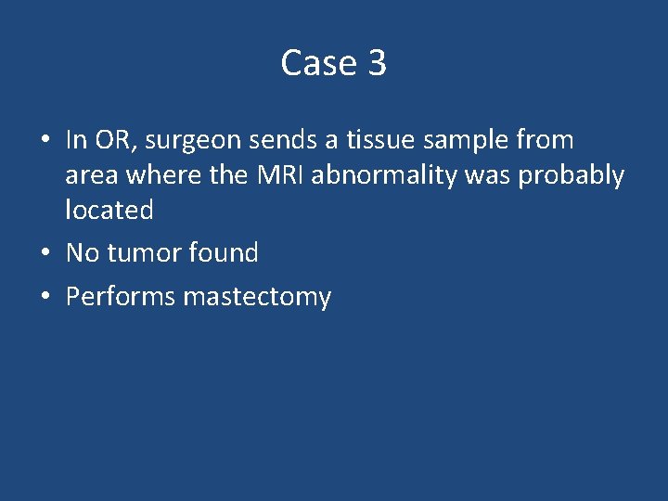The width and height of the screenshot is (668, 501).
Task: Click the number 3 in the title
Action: [x=377, y=63]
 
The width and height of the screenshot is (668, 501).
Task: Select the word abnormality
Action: [x=383, y=175]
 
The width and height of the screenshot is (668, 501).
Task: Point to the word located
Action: [x=109, y=210]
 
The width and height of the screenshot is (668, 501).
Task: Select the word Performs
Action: [x=121, y=297]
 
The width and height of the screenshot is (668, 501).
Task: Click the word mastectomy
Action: [x=257, y=298]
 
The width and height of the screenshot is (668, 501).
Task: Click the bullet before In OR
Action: [x=45, y=141]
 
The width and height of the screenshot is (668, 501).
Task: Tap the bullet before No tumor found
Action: [x=45, y=253]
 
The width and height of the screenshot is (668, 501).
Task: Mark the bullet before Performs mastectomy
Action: [x=45, y=297]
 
